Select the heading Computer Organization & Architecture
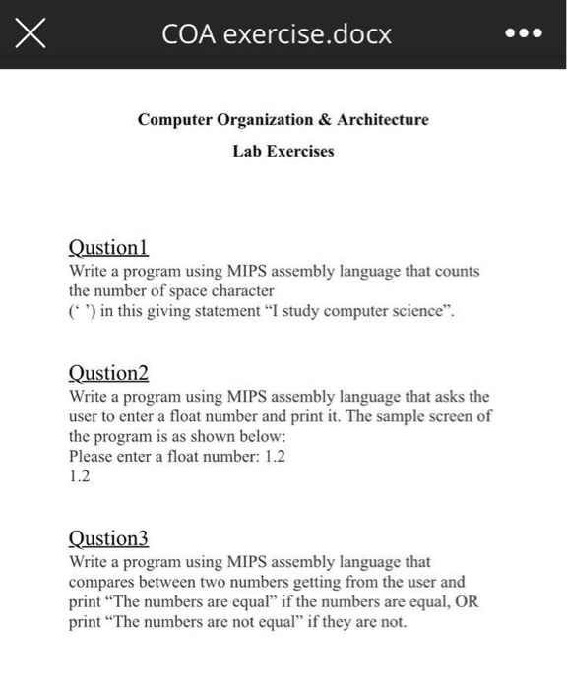(x=283, y=119)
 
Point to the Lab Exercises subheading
(x=283, y=152)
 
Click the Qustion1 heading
(x=107, y=248)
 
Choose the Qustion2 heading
(x=108, y=373)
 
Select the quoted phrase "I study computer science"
(x=355, y=312)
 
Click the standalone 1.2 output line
(x=80, y=477)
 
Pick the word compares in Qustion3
(x=101, y=582)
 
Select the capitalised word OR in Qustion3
(x=467, y=602)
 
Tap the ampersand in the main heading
(x=323, y=119)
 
